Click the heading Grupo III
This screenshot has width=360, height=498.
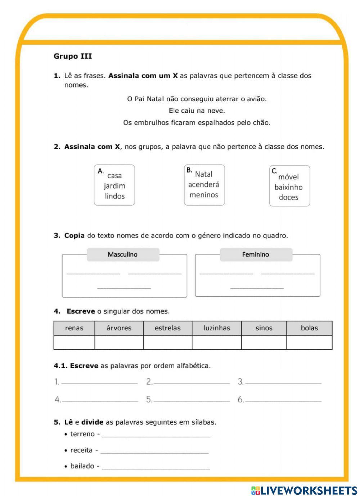pyautogui.click(x=73, y=56)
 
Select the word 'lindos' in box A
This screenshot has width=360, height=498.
pyautogui.click(x=114, y=196)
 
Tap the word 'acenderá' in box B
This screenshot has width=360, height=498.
pyautogui.click(x=203, y=184)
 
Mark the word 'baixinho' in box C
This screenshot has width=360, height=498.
pyautogui.click(x=288, y=187)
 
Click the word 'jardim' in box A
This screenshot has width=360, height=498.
pyautogui.click(x=114, y=186)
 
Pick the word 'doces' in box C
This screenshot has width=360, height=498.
pyautogui.click(x=288, y=197)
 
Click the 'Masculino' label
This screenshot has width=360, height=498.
pyautogui.click(x=122, y=254)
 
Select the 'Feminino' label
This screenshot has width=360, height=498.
pyautogui.click(x=255, y=254)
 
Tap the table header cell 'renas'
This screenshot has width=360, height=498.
pyautogui.click(x=74, y=328)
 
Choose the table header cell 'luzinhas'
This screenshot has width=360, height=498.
pyautogui.click(x=217, y=328)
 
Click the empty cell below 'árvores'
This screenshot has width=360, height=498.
pyautogui.click(x=119, y=342)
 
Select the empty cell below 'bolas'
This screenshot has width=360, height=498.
pyautogui.click(x=309, y=342)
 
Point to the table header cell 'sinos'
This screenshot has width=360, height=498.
pyautogui.click(x=264, y=328)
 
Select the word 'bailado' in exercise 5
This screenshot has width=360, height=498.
pyautogui.click(x=82, y=466)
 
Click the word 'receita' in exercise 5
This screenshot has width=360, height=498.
pyautogui.click(x=81, y=450)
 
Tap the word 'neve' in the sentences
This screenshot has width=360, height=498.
pyautogui.click(x=216, y=111)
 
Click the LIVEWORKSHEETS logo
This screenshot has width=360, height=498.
pyautogui.click(x=304, y=490)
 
